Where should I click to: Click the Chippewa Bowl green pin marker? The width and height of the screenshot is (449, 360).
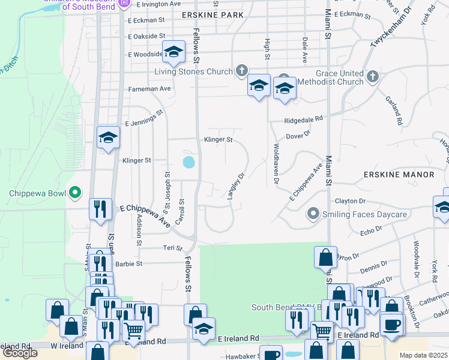(x=75, y=193)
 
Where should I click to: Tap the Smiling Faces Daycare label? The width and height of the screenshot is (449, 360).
(x=356, y=214)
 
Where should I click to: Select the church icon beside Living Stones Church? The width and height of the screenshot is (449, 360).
(x=241, y=71)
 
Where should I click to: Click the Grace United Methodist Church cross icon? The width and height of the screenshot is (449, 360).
(x=373, y=76)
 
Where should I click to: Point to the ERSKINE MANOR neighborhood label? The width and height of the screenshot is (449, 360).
(x=399, y=175)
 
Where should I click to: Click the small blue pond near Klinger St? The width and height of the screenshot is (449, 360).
(x=188, y=161)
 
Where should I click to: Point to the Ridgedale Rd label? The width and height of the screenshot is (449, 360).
(x=304, y=119)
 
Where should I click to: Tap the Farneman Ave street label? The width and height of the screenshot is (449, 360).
(x=149, y=89)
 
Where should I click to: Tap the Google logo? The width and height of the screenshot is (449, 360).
(x=20, y=353)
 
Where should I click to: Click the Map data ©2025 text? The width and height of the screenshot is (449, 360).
(x=424, y=355)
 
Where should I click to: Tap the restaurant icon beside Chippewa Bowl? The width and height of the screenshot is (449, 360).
(x=100, y=209)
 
